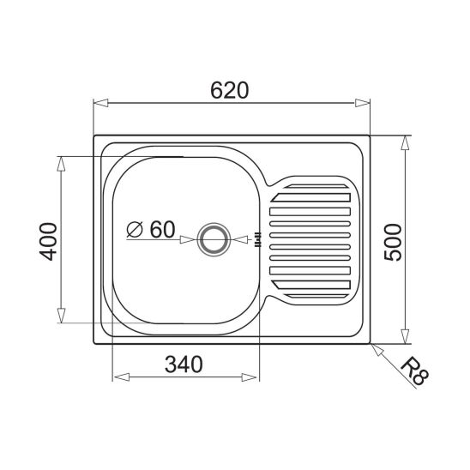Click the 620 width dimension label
(x=230, y=90)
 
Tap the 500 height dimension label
(x=393, y=242)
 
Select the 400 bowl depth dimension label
(x=48, y=241)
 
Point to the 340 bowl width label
(x=184, y=365)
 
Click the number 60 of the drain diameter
(x=162, y=229)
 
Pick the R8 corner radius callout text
(x=415, y=371)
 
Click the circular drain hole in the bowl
(x=214, y=240)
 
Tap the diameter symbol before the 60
(x=135, y=230)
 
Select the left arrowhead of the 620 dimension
(x=100, y=103)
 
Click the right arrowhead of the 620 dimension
(x=363, y=103)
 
